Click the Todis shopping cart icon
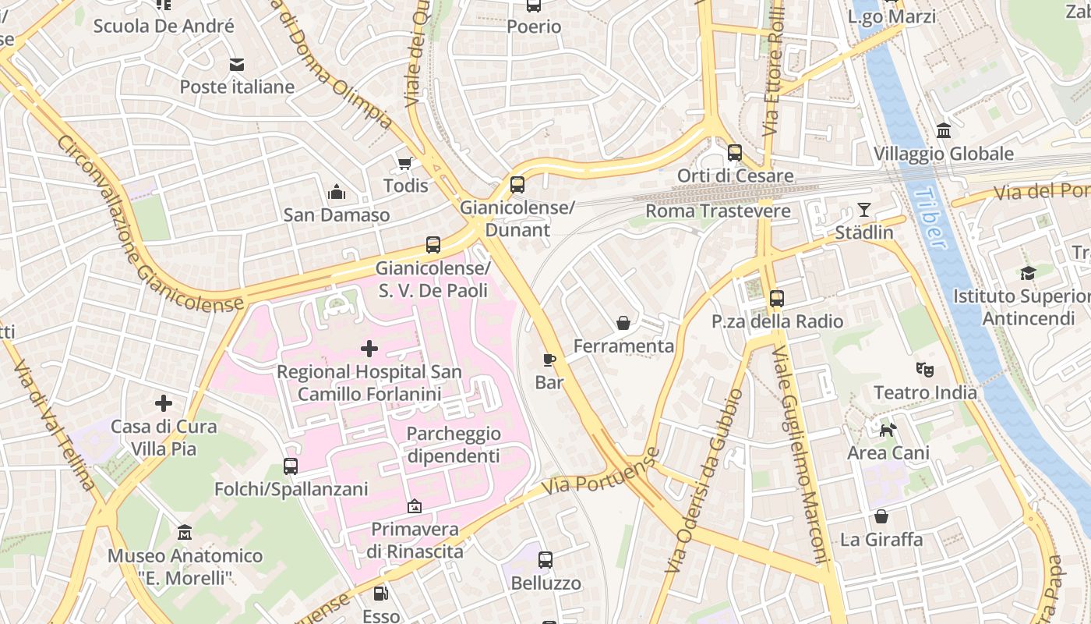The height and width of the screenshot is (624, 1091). [404, 163]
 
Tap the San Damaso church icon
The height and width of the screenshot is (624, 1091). [337, 192]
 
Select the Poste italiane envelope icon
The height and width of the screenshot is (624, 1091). [236, 64]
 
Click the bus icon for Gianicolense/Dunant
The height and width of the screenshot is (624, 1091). [517, 185]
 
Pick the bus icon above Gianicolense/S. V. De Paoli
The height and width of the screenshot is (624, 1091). [433, 245]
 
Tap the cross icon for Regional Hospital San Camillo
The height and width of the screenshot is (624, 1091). [369, 349]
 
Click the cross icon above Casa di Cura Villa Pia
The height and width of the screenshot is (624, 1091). [164, 403]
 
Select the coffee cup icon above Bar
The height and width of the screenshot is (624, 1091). [549, 360]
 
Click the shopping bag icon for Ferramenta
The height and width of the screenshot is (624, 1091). [623, 322]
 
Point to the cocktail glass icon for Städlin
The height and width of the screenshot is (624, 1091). [864, 209]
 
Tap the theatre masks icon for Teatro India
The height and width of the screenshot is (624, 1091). [925, 369]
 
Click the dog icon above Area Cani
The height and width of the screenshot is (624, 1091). [888, 430]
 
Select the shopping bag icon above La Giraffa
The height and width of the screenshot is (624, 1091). [881, 516]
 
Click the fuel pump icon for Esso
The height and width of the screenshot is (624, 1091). [381, 594]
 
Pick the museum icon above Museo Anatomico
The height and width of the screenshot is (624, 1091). [185, 533]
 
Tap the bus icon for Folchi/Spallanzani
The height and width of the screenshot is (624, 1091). [291, 466]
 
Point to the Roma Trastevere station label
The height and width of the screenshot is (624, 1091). [718, 211]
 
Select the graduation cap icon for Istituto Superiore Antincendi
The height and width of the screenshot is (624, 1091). [1029, 273]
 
